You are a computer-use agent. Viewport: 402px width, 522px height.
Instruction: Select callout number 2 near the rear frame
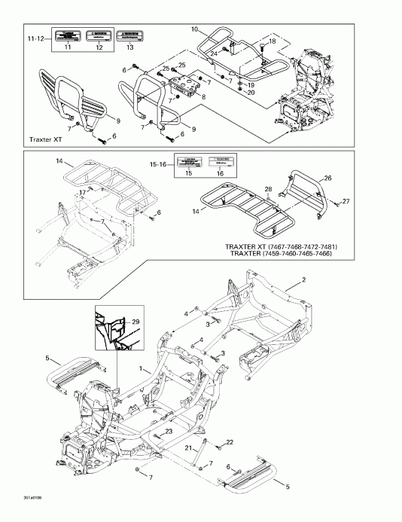(x=304, y=280)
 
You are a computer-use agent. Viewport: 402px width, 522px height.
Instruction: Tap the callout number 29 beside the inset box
(x=136, y=322)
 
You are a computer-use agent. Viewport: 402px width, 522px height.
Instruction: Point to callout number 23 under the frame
(x=169, y=430)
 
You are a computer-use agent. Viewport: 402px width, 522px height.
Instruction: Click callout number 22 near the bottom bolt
(x=230, y=441)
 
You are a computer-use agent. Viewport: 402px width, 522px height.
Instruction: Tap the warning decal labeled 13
(x=131, y=35)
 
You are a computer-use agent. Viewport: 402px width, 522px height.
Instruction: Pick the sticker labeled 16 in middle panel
(x=219, y=162)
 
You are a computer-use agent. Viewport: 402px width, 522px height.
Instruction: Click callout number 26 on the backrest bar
(x=327, y=178)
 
